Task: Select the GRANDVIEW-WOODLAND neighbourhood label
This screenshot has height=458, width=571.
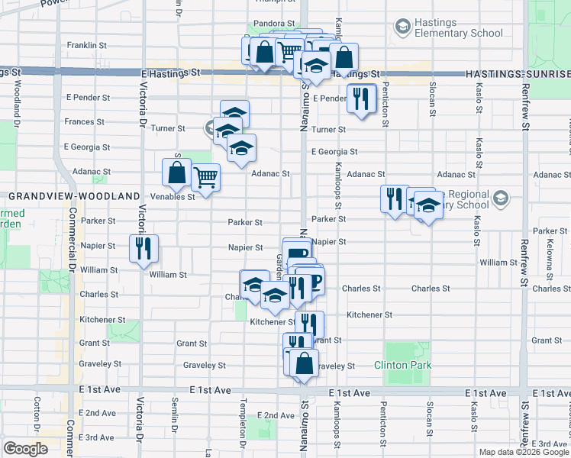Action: click(75, 196)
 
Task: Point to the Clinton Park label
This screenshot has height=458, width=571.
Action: click(403, 365)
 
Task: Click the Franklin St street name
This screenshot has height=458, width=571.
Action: click(85, 46)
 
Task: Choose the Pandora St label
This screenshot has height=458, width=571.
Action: click(276, 24)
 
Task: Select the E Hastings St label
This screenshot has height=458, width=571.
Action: click(170, 73)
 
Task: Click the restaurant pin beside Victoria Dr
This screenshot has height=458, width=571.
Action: click(144, 248)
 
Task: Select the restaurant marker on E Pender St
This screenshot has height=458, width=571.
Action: click(360, 98)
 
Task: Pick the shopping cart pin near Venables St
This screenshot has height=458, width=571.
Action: click(206, 178)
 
